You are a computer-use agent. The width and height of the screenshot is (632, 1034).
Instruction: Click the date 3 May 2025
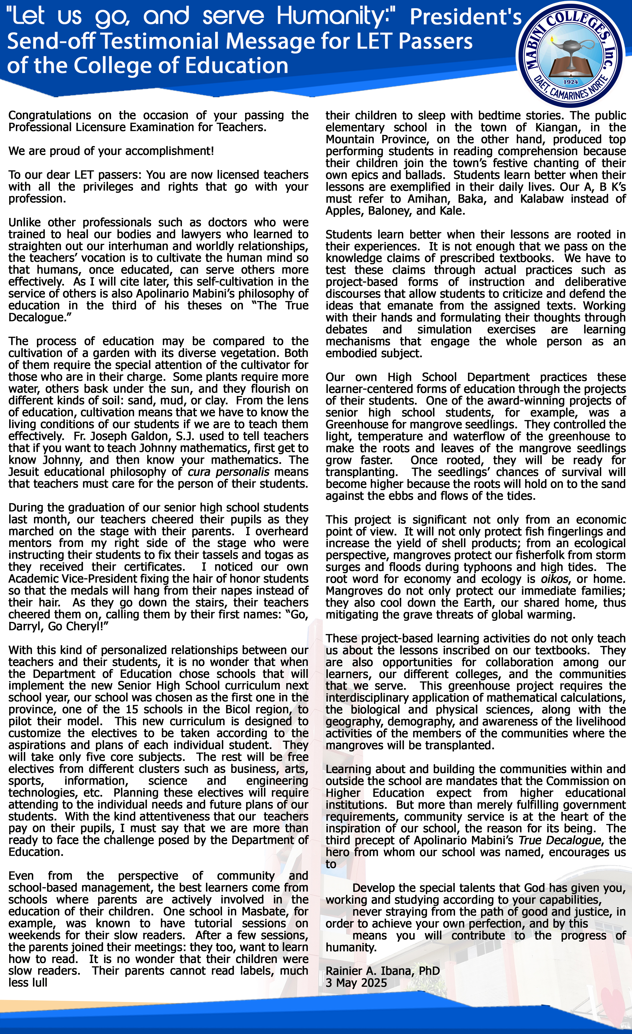click(x=356, y=983)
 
